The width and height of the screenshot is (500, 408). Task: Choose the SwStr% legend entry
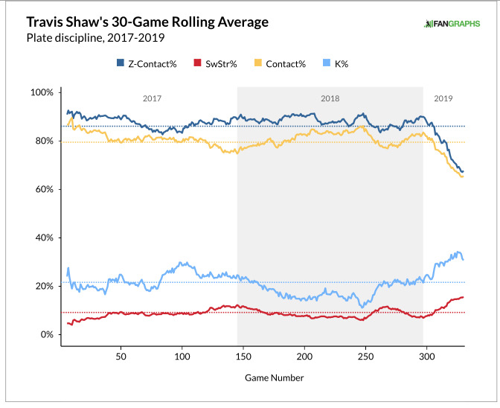[216, 64]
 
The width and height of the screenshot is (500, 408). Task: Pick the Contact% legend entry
[281, 64]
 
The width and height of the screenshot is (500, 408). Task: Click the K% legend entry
[336, 64]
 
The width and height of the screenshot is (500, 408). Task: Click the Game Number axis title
[275, 377]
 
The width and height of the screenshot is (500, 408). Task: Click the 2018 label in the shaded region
[330, 98]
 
